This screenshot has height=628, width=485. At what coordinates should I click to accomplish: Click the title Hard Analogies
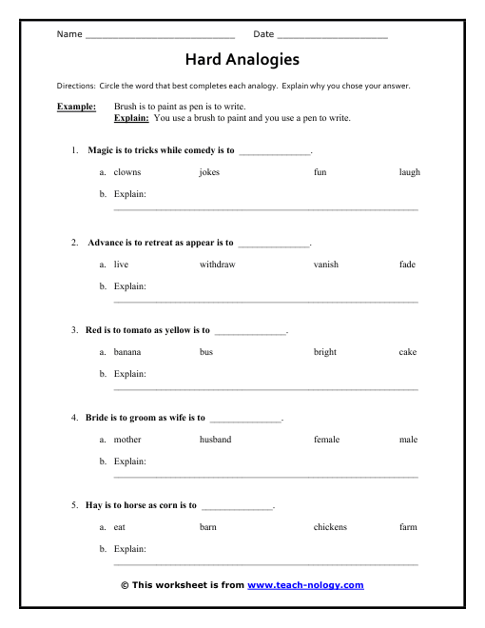click(242, 59)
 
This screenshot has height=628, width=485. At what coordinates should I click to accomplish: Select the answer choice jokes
click(209, 172)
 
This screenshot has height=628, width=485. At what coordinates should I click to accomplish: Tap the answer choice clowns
click(127, 172)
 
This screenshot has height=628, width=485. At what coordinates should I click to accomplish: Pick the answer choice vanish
click(326, 264)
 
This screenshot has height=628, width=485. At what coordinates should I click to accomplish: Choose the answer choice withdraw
click(217, 264)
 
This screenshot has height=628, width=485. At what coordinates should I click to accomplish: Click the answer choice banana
click(127, 352)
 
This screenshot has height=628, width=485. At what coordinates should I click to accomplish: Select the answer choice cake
click(408, 352)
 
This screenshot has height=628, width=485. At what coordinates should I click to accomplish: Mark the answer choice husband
click(215, 440)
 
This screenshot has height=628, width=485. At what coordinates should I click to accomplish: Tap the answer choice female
click(326, 440)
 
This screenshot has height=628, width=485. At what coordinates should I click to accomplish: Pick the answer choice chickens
click(330, 526)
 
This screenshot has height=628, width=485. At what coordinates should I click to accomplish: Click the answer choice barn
click(208, 526)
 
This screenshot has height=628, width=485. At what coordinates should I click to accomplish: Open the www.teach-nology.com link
click(305, 585)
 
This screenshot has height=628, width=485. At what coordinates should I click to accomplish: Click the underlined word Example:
click(77, 108)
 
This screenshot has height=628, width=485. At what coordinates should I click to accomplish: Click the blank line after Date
click(333, 36)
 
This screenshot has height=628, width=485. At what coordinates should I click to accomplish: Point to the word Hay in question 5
click(94, 505)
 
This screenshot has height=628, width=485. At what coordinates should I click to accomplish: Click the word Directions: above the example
click(76, 86)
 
